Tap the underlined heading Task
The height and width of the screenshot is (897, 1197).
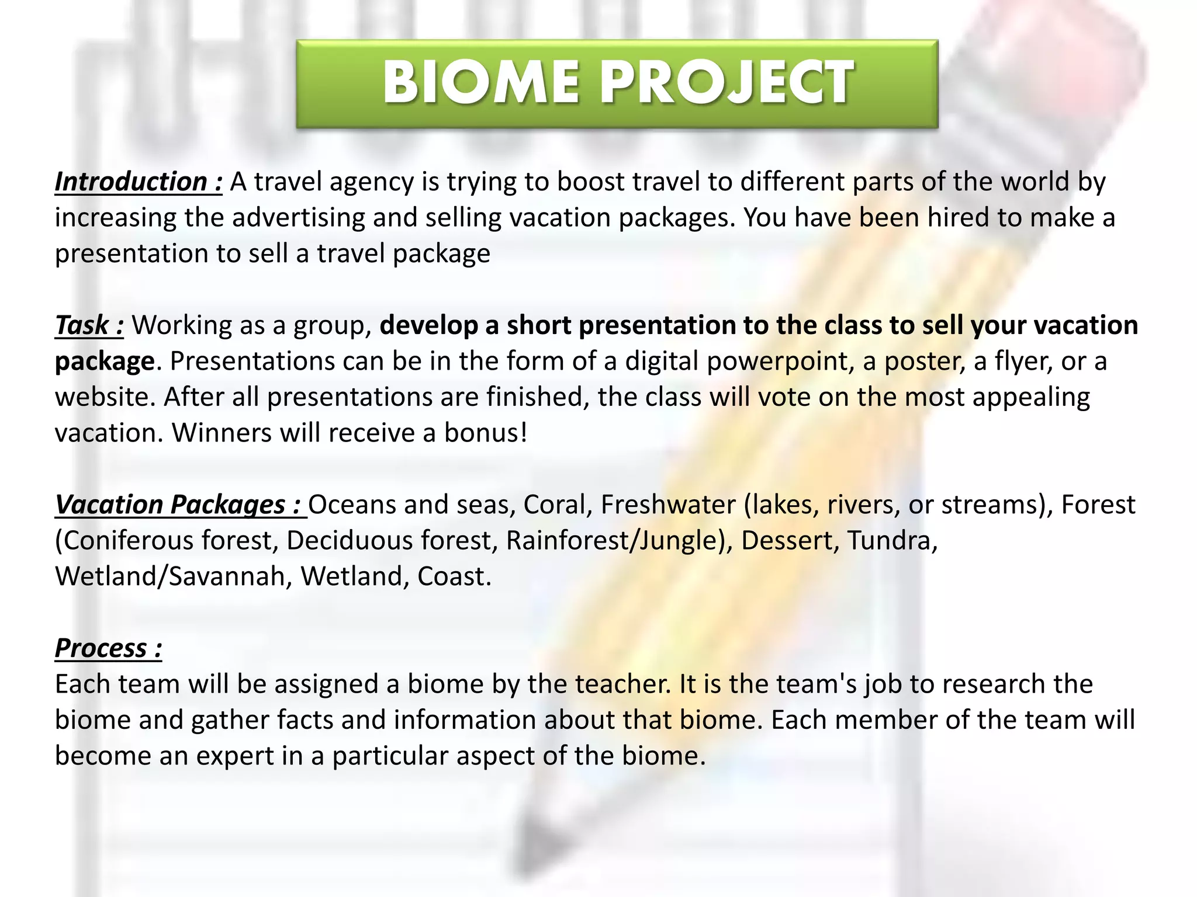click(x=89, y=325)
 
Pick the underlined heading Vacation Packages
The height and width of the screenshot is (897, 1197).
click(x=178, y=505)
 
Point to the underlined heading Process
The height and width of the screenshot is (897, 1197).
click(x=108, y=648)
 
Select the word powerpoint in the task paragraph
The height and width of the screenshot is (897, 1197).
click(x=777, y=361)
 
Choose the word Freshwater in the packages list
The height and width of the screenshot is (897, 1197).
click(x=668, y=505)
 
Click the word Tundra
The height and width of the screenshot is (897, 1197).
click(x=892, y=541)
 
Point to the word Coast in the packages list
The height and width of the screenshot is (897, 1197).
click(x=454, y=577)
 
